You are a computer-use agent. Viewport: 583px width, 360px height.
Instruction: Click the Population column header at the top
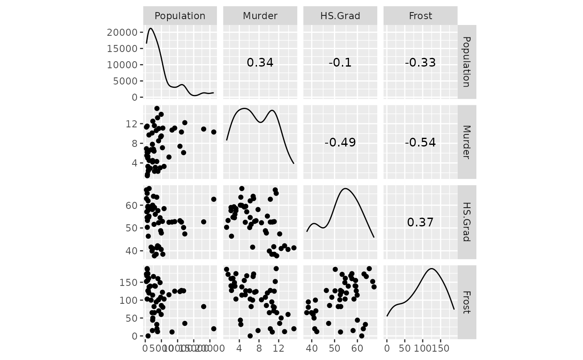(180, 16)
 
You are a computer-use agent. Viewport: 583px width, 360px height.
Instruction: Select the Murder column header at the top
(260, 16)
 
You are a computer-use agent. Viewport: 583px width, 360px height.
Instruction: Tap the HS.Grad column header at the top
(340, 16)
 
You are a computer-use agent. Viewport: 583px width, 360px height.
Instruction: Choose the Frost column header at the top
(420, 16)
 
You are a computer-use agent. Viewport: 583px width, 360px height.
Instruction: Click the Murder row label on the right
(466, 142)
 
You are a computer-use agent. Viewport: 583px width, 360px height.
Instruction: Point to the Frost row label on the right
(466, 302)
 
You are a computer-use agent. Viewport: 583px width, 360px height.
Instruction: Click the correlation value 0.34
(260, 62)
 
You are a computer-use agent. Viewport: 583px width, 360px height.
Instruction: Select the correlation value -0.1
(340, 62)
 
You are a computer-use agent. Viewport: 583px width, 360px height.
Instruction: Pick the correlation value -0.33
(420, 62)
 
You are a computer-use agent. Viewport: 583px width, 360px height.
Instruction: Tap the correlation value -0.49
(340, 142)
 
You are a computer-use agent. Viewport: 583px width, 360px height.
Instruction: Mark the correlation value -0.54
(420, 142)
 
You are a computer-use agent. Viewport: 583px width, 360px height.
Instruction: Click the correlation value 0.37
(420, 222)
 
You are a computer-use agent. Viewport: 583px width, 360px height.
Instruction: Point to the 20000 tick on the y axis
(122, 32)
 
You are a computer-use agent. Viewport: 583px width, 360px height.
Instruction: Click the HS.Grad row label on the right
(466, 222)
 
